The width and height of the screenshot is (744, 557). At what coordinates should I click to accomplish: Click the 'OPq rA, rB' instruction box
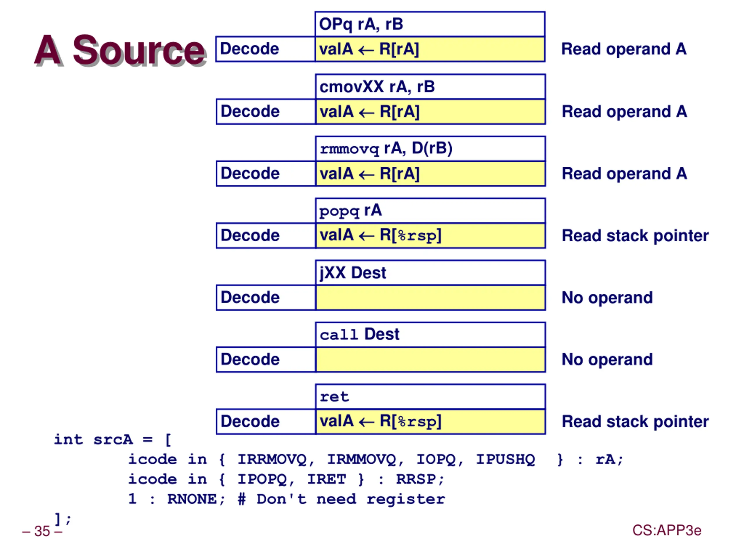430,24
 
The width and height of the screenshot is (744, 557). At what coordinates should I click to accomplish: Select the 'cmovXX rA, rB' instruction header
430,87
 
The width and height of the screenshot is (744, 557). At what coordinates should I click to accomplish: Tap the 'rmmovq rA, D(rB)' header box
430,149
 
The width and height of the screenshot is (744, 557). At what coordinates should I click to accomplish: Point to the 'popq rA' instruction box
430,211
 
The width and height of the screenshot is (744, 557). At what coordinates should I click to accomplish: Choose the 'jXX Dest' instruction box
430,273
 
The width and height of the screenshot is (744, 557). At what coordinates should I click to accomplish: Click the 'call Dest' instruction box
430,335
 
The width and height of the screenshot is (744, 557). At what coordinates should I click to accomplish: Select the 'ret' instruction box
430,397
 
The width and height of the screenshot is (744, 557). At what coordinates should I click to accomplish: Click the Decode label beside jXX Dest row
250,297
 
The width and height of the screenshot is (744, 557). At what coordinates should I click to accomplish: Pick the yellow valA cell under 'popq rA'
430,236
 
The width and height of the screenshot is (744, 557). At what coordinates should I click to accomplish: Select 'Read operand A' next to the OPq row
624,49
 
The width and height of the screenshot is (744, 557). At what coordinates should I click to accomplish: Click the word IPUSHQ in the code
505,459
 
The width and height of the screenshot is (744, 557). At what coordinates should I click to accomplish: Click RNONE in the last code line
192,499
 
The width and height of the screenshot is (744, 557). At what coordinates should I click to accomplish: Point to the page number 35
42,531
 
